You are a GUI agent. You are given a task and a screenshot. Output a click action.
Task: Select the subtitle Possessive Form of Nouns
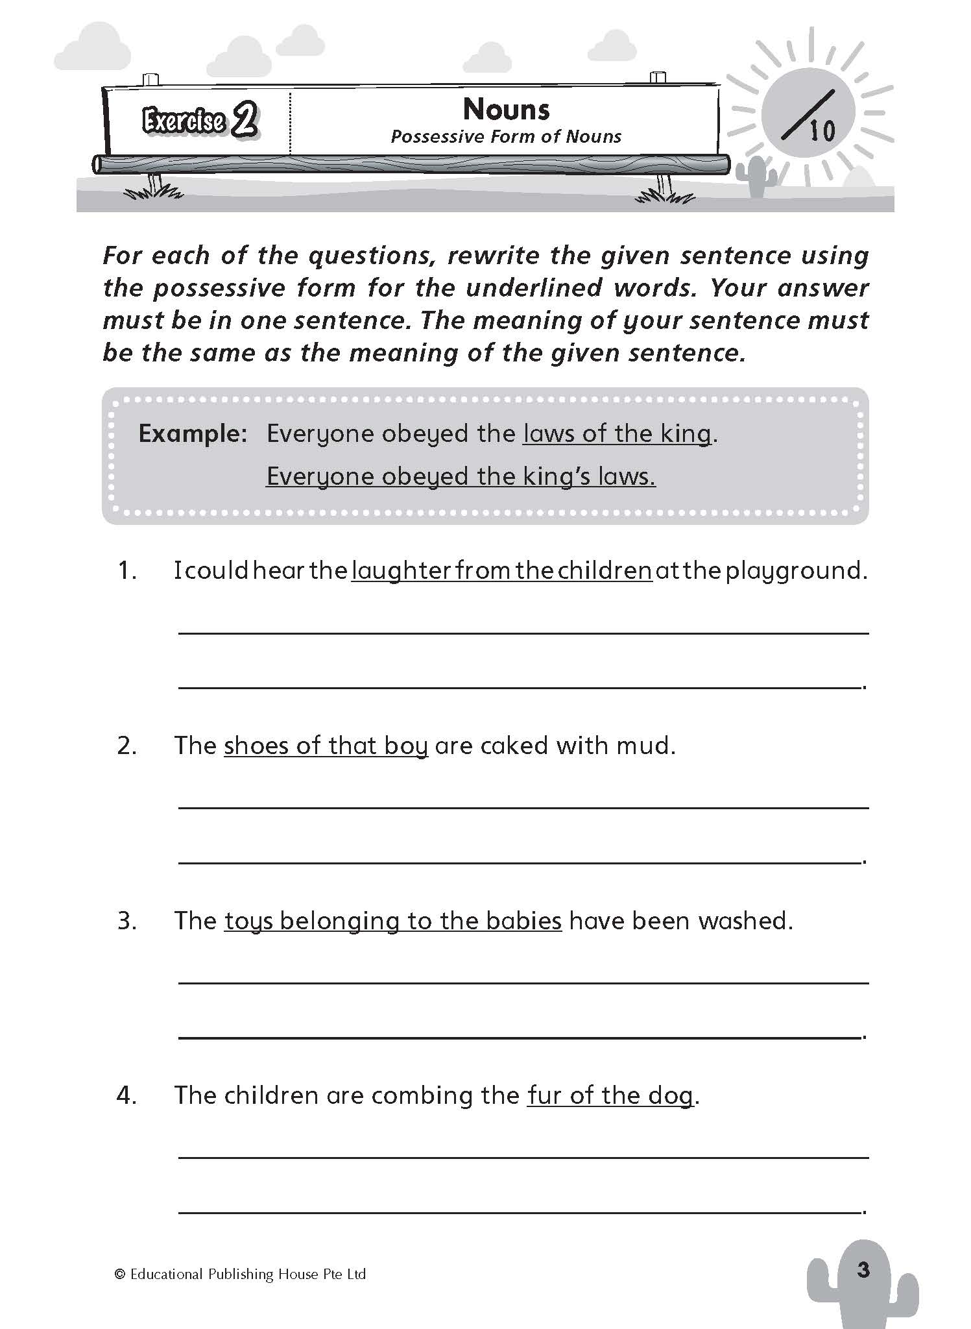[506, 137]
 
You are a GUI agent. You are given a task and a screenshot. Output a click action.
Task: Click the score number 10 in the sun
[822, 132]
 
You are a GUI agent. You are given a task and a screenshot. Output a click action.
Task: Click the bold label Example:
[193, 433]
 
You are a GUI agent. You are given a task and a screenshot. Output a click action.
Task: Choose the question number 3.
[126, 921]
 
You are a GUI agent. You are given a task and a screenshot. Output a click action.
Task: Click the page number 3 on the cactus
[863, 1269]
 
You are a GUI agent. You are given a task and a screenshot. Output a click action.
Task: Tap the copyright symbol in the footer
[119, 1274]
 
